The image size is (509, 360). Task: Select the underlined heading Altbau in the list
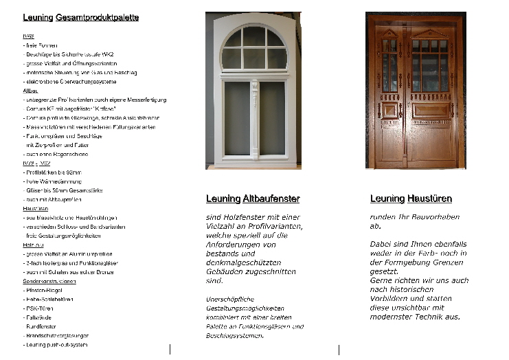[x=30, y=91]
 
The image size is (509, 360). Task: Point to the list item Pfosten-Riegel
[x=43, y=291]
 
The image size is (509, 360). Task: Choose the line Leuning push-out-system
[x=56, y=345]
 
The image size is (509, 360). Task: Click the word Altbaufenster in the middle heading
[x=271, y=199]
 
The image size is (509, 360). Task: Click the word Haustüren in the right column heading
[x=429, y=199]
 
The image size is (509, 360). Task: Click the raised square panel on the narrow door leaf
[x=389, y=110]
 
